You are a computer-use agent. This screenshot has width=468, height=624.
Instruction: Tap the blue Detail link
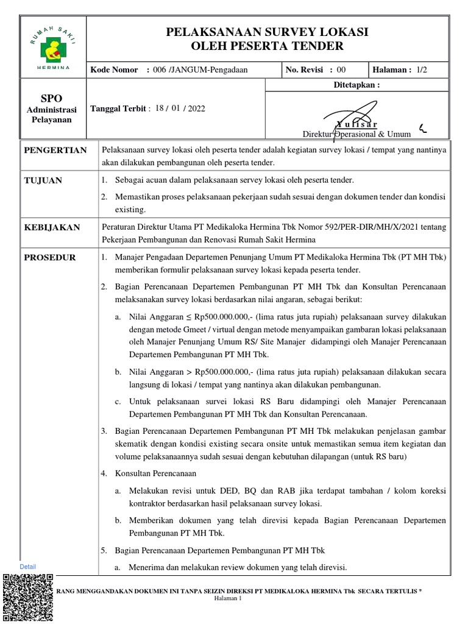tap(27, 567)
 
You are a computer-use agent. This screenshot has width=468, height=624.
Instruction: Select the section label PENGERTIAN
tap(55, 151)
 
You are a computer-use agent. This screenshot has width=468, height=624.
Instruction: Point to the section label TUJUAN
tap(43, 181)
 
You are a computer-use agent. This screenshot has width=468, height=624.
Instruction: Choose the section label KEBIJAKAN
tap(52, 227)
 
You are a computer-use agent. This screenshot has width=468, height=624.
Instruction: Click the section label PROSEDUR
tap(50, 258)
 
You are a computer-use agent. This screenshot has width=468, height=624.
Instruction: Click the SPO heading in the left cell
tap(51, 99)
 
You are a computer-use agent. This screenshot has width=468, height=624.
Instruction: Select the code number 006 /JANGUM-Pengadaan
tap(200, 70)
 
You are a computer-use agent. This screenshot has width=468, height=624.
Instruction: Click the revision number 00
tap(341, 70)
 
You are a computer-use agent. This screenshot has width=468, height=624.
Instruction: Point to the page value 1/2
tap(422, 70)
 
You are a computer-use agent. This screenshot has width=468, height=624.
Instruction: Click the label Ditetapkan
tap(356, 85)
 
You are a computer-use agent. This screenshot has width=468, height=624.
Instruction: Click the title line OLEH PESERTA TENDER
tap(268, 46)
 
